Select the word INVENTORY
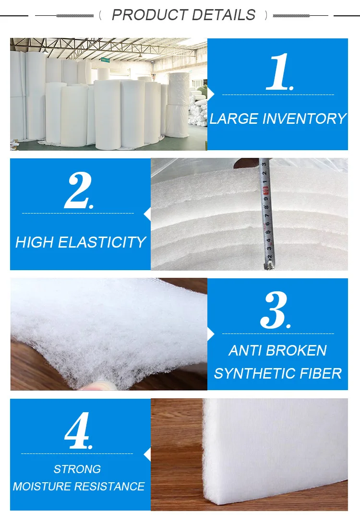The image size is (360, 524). coord(305,119)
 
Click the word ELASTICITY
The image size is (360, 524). coord(106,242)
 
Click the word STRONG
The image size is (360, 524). coord(77,469)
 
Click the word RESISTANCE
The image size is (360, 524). coord(110,486)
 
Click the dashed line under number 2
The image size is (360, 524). coord(78,213)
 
